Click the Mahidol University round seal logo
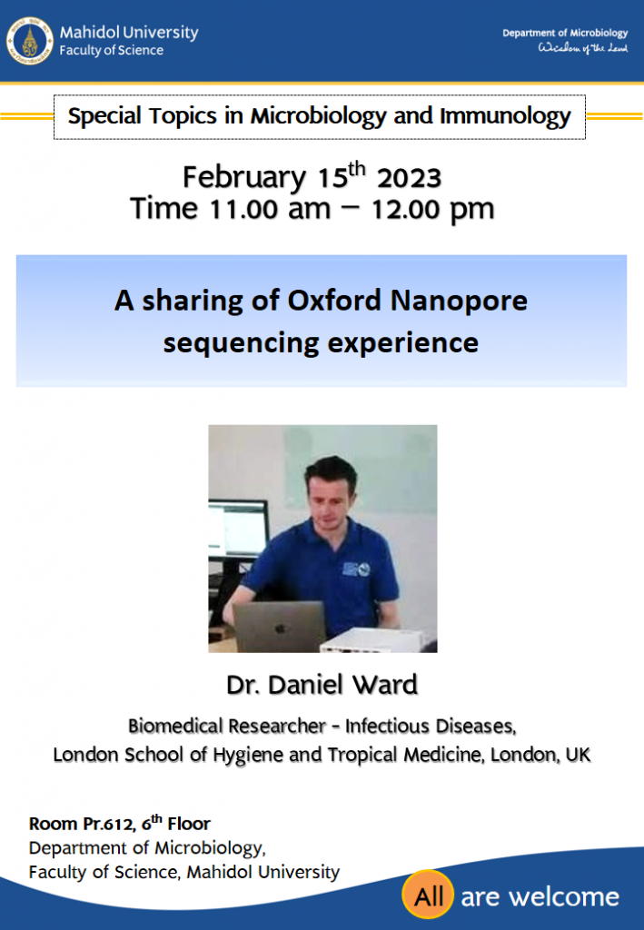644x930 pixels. click(30, 41)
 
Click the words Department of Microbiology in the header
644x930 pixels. click(565, 34)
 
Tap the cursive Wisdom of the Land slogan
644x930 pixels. click(582, 48)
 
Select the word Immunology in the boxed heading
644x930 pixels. click(505, 115)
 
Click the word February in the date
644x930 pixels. click(243, 177)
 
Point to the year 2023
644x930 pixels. click(409, 178)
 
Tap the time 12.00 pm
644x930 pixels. click(432, 210)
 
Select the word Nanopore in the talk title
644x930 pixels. click(459, 301)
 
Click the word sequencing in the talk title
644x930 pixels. click(241, 343)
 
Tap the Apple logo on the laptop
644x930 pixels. click(280, 627)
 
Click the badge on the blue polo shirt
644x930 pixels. click(356, 569)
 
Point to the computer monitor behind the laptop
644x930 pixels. click(238, 529)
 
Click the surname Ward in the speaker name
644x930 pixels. click(385, 685)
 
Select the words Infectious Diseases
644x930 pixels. click(431, 726)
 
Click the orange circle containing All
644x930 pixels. click(428, 895)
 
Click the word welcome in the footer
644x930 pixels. click(564, 896)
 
